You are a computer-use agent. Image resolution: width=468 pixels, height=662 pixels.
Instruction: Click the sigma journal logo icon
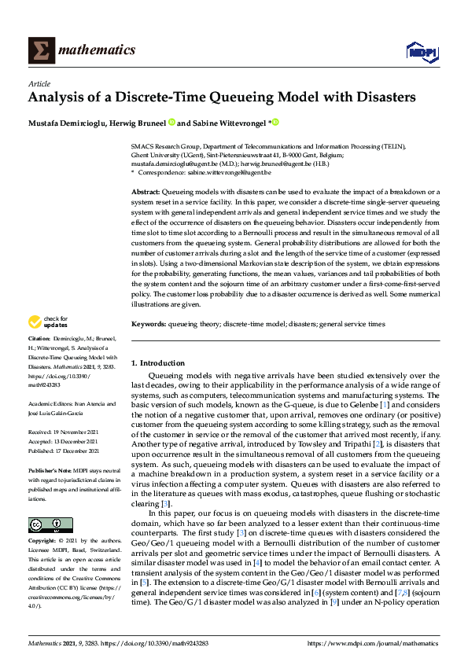tap(40, 50)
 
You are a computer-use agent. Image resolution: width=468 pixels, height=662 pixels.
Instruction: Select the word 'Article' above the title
tap(39, 83)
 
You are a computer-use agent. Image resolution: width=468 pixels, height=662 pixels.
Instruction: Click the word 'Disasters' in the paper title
tap(378, 97)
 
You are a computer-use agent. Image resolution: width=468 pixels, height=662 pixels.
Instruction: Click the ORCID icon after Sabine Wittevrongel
tap(276, 123)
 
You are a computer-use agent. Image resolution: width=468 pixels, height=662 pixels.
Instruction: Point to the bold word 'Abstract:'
tap(146, 192)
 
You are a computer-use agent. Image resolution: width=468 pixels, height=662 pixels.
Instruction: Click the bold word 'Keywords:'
tap(149, 324)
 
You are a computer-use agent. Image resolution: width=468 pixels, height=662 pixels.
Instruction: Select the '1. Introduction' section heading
tap(157, 363)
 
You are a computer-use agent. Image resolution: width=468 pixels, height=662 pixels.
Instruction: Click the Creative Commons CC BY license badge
tap(45, 524)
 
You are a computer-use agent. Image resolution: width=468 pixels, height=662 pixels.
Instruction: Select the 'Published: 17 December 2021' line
tap(64, 451)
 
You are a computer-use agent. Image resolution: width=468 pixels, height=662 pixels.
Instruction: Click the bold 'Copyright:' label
tap(42, 541)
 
